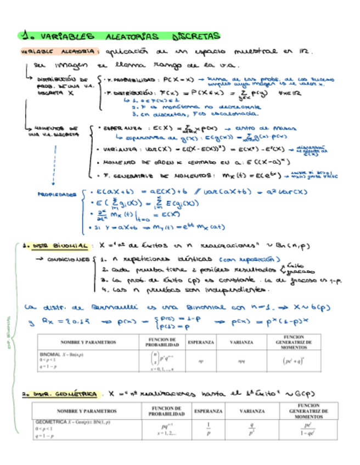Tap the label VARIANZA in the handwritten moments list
pyautogui.click(x=121, y=150)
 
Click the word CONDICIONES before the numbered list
pyautogui.click(x=69, y=260)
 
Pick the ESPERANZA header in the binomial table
pyautogui.click(x=201, y=342)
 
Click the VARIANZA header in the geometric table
pyautogui.click(x=252, y=411)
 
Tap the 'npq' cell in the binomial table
pyautogui.click(x=241, y=362)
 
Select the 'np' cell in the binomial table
pyautogui.click(x=201, y=362)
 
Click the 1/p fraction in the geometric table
pyautogui.click(x=209, y=428)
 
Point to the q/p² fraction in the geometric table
pyautogui.click(x=252, y=428)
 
